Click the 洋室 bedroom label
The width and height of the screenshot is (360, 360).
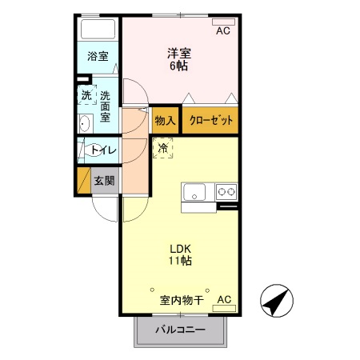(178, 54)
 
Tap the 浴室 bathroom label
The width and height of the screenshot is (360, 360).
(98, 57)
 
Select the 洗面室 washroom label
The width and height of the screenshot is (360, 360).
(105, 106)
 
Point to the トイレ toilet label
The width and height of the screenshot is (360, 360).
(102, 150)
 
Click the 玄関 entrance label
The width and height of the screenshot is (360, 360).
(104, 181)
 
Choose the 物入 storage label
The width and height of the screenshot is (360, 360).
(165, 120)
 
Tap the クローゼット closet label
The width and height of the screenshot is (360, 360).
(212, 120)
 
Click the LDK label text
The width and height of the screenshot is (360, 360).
(178, 247)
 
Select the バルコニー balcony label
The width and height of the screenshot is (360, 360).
(180, 330)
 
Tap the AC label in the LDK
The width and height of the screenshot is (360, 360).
(224, 300)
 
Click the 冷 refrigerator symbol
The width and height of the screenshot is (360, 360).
(163, 148)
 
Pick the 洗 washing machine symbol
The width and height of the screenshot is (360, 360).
(86, 94)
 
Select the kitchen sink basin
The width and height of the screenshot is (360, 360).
(194, 193)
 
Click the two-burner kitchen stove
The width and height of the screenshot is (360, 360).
(226, 192)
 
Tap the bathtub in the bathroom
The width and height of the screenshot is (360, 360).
(98, 30)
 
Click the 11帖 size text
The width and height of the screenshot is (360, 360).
(179, 260)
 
